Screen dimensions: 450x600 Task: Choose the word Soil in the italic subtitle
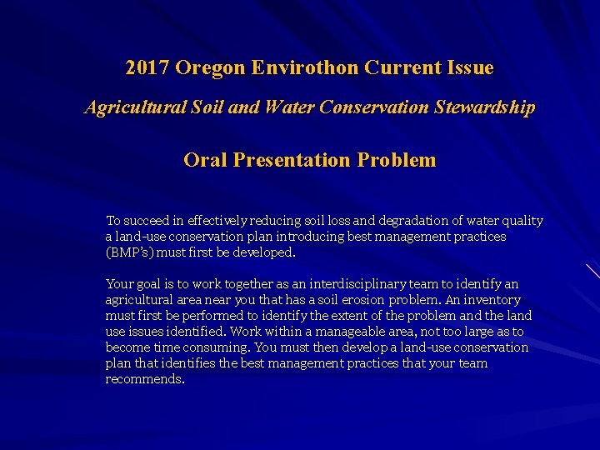tap(212, 107)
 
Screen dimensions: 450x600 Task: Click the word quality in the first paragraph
tap(521, 221)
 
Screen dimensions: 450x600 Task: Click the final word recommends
tap(144, 379)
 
